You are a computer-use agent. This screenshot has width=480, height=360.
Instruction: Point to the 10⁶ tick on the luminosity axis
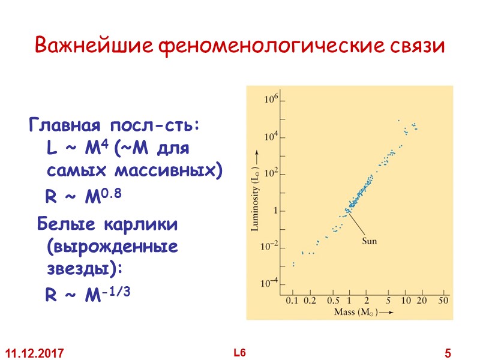tap(272, 100)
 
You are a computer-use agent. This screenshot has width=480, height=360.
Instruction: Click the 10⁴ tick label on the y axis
tap(272, 137)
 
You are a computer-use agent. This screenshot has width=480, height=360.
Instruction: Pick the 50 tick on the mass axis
tap(444, 299)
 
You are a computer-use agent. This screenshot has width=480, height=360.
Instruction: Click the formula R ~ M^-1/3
tap(88, 294)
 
